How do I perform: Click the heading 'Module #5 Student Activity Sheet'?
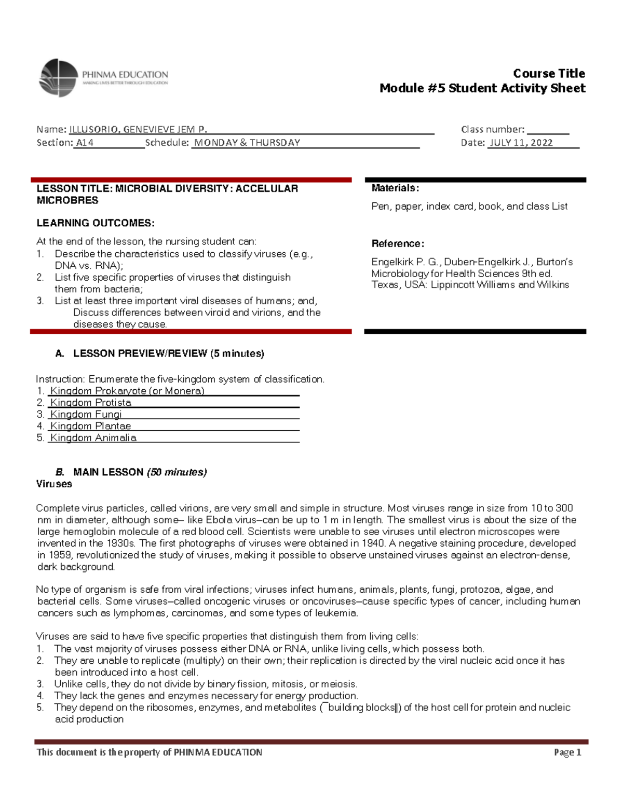(x=482, y=88)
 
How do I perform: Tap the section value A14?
(x=85, y=143)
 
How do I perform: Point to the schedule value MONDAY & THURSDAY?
(x=247, y=143)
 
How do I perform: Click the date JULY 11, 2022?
(x=521, y=143)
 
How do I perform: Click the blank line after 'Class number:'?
(x=548, y=130)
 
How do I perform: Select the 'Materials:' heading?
(x=395, y=188)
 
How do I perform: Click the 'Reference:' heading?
(x=398, y=244)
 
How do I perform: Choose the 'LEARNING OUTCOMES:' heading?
(x=95, y=223)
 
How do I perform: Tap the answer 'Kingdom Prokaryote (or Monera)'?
(x=127, y=391)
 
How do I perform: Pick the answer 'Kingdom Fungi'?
(x=86, y=414)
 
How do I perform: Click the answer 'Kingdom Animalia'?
(x=93, y=438)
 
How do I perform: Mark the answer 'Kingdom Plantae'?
(x=90, y=426)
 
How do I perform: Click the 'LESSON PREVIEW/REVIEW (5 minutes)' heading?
(x=168, y=353)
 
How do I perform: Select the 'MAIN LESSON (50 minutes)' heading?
(x=140, y=472)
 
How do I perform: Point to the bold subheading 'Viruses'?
(x=54, y=484)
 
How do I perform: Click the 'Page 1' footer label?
(x=567, y=753)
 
